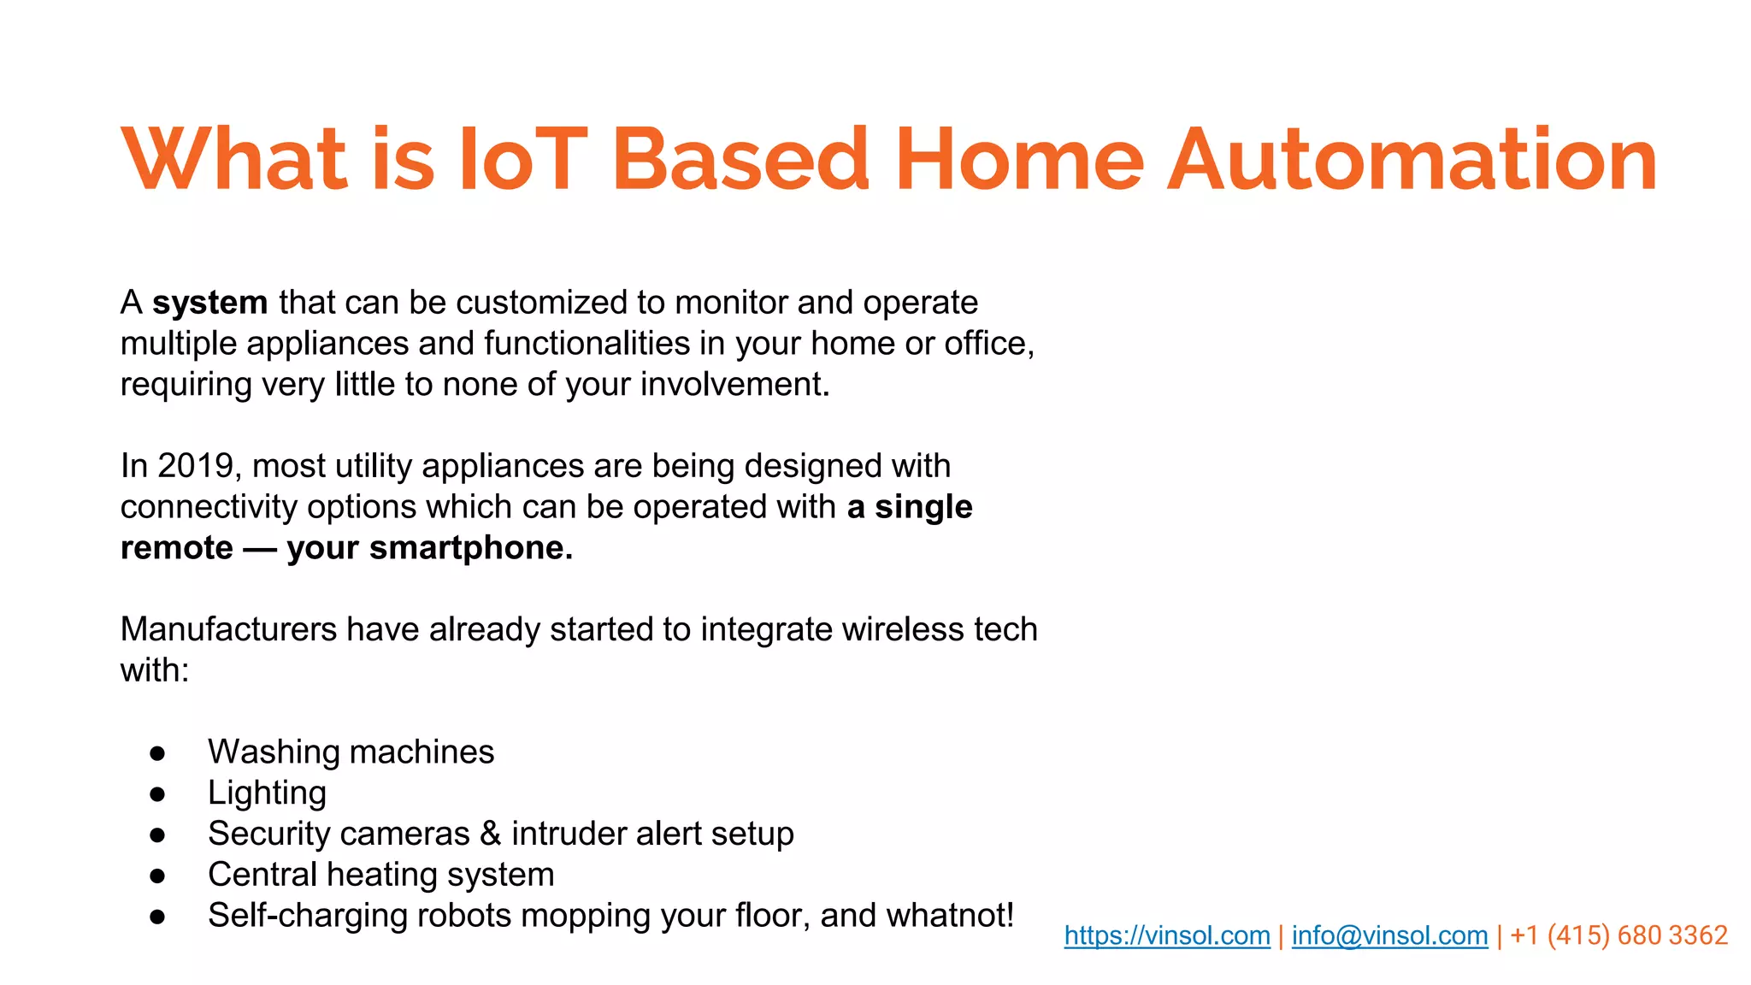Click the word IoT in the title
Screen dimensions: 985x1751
pos(523,160)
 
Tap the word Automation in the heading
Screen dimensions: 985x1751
pos(1412,160)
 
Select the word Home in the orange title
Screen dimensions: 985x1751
pos(1019,160)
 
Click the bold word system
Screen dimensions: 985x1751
pos(210,303)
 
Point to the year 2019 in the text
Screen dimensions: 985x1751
pos(196,466)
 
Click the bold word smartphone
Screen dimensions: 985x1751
pos(470,548)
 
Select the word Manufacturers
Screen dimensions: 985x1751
pos(228,629)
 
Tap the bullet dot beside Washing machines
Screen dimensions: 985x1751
pos(157,753)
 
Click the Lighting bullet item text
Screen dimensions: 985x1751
pos(267,793)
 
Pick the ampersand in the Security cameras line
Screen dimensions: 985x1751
pos(490,834)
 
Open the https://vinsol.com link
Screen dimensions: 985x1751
pos(1167,935)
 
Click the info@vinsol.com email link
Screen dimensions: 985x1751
pos(1389,935)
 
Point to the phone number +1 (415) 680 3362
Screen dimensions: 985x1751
pos(1618,935)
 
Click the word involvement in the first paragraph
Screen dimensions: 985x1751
pos(734,385)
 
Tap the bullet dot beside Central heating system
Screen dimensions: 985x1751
pos(157,876)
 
